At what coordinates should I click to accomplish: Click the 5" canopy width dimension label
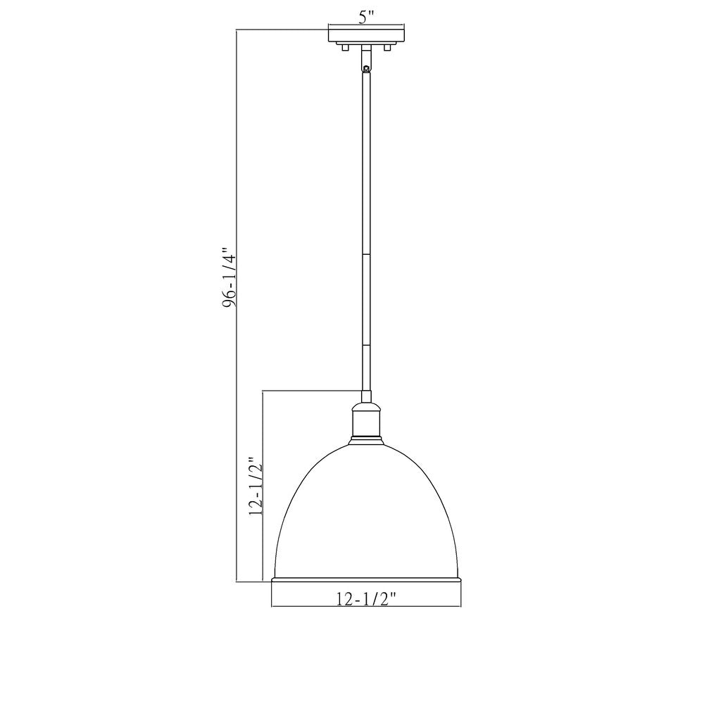(x=366, y=18)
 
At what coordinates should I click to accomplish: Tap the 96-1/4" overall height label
(x=230, y=277)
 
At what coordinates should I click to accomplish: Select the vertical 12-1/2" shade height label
(x=256, y=486)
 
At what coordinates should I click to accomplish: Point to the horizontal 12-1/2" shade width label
(x=366, y=599)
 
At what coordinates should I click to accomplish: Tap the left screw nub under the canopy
(x=345, y=48)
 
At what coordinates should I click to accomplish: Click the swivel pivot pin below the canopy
(x=366, y=68)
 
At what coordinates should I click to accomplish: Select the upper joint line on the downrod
(x=366, y=254)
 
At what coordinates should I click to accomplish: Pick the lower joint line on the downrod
(x=366, y=345)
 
